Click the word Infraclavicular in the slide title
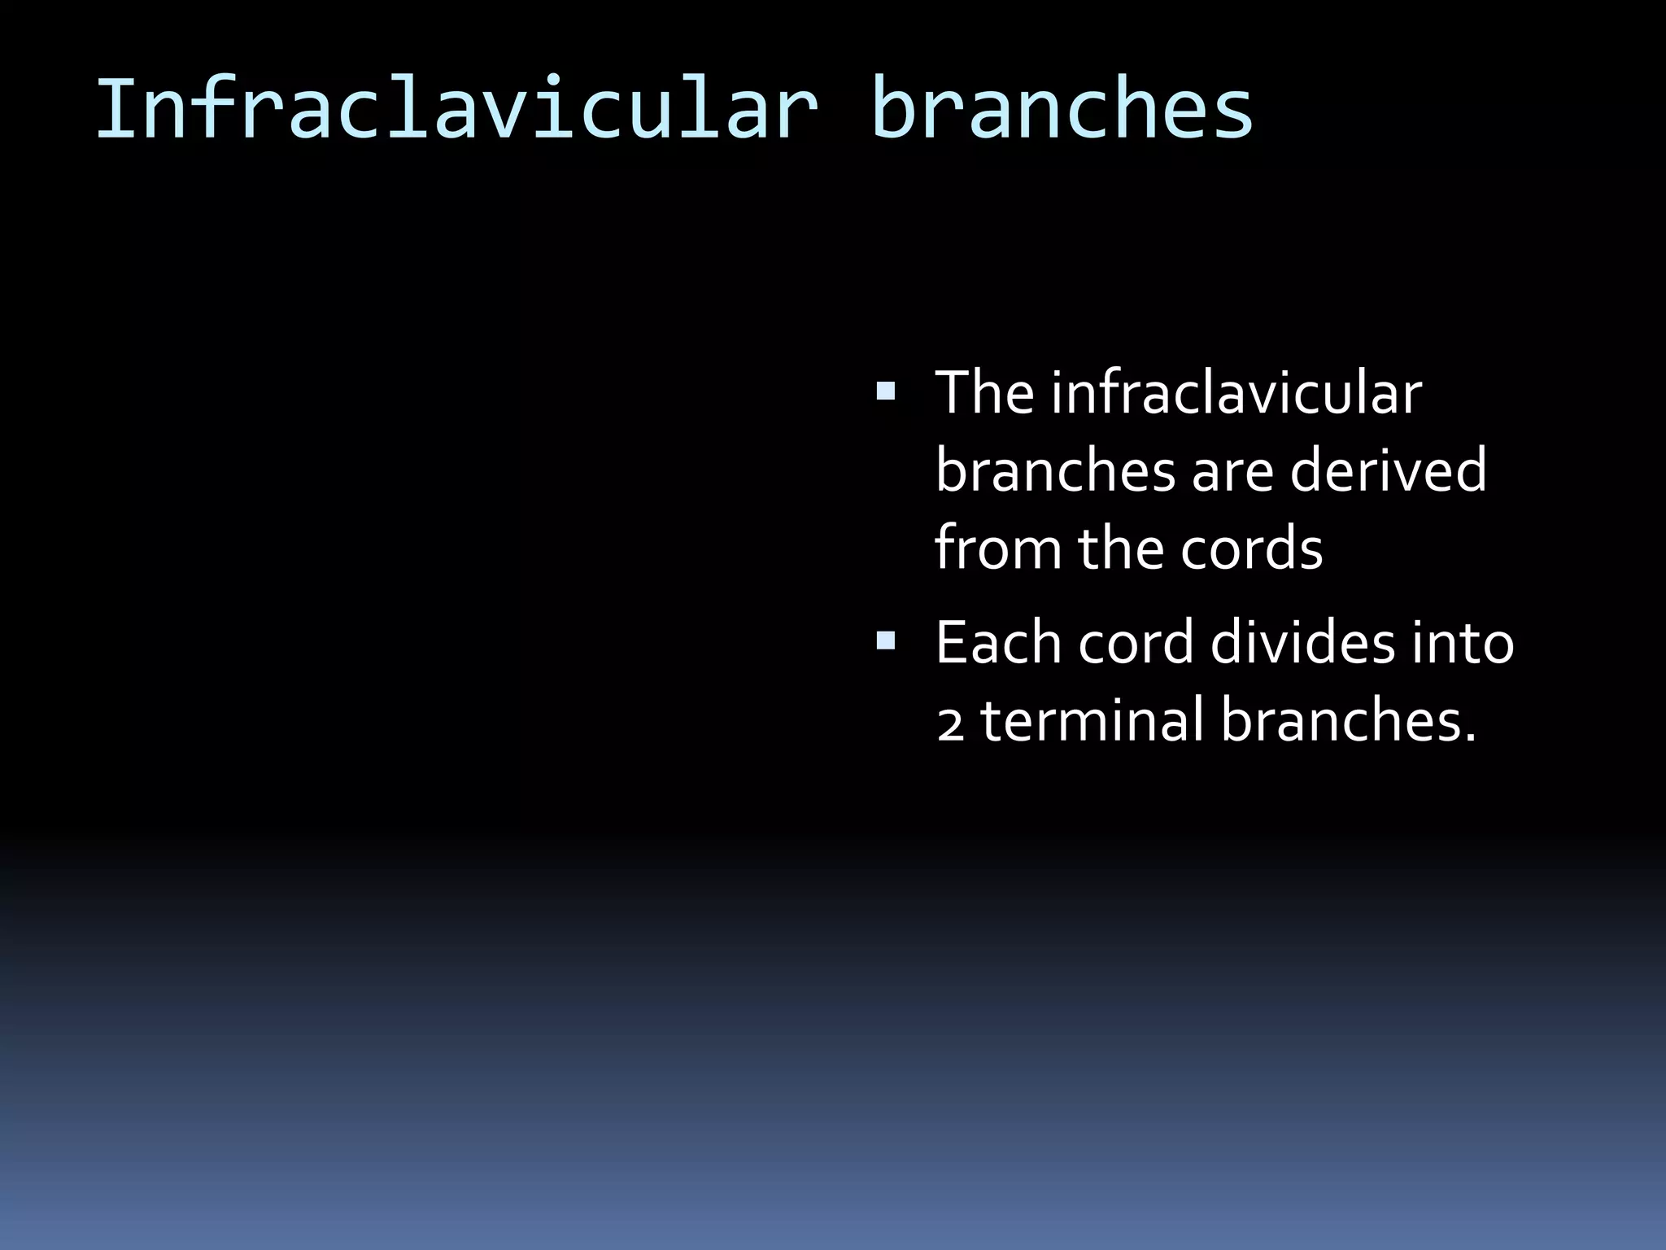(x=456, y=109)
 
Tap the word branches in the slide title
(x=1062, y=109)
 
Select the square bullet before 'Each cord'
(x=885, y=642)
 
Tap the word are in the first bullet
(x=1232, y=472)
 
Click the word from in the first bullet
(x=997, y=549)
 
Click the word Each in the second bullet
(x=997, y=642)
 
